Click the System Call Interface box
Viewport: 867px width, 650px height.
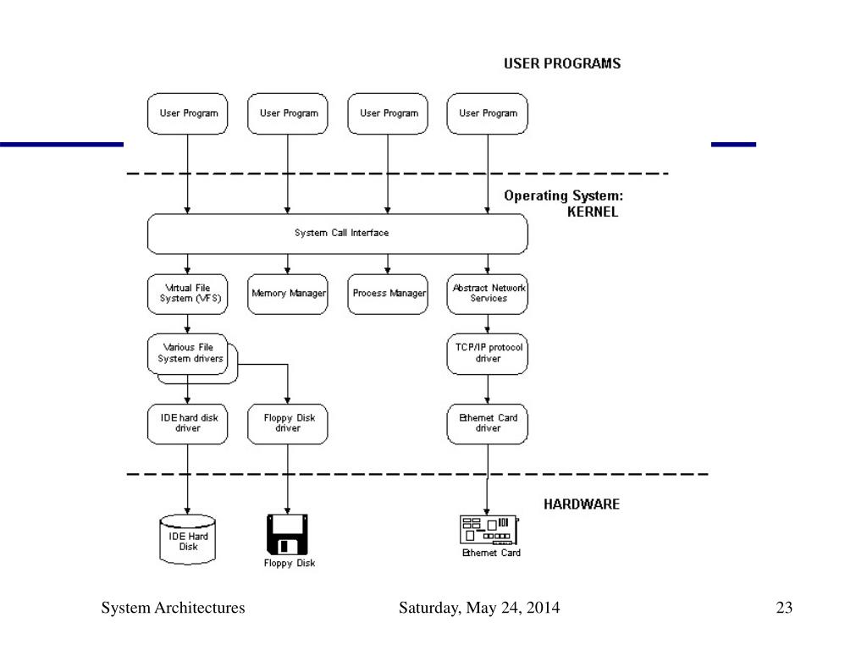click(x=337, y=234)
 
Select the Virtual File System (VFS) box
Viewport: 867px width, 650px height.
click(x=187, y=294)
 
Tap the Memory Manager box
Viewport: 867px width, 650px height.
click(x=288, y=294)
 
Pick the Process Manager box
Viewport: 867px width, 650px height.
click(x=388, y=294)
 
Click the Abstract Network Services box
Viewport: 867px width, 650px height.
click(x=487, y=294)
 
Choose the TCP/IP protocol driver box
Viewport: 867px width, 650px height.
click(x=487, y=354)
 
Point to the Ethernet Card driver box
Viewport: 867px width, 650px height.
click(x=487, y=424)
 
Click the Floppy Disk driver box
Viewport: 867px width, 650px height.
click(x=288, y=424)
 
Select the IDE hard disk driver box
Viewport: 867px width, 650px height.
click(x=187, y=424)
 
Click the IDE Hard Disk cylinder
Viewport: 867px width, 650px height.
click(x=187, y=539)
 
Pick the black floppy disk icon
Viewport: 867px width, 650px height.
click(x=288, y=534)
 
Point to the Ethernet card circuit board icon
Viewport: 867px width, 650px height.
click(x=489, y=530)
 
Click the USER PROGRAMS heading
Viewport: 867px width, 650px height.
click(x=562, y=63)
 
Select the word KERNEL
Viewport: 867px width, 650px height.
click(x=592, y=212)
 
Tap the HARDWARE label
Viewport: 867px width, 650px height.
click(x=581, y=504)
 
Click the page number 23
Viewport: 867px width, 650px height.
click(x=784, y=608)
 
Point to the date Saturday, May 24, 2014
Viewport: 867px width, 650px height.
click(x=479, y=608)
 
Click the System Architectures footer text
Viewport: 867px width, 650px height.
click(x=173, y=608)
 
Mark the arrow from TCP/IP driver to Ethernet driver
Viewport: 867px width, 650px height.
click(x=487, y=389)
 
